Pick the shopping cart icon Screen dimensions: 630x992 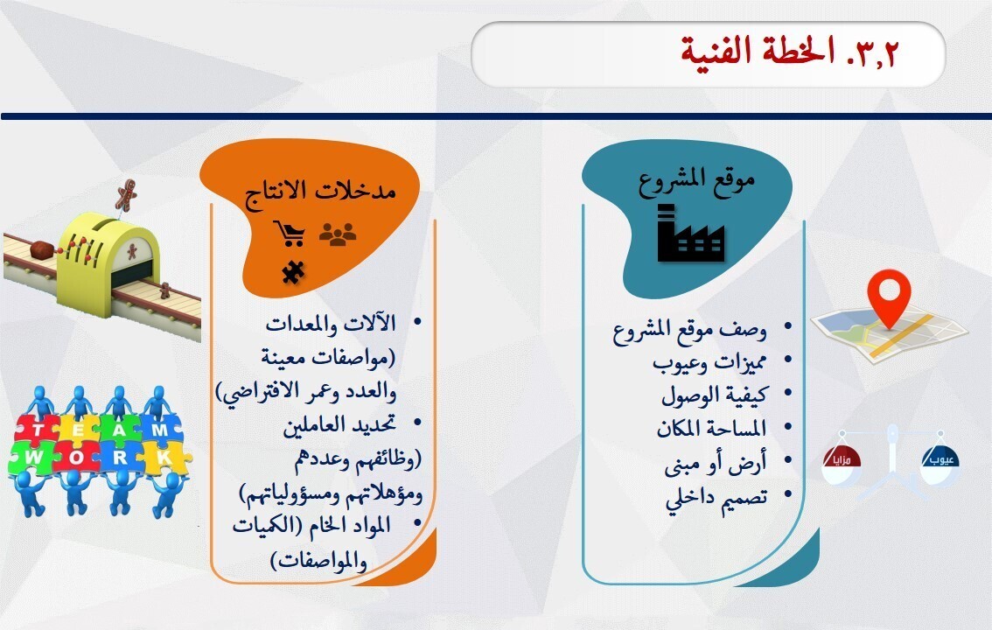[290, 234]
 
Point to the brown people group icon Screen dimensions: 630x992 [337, 234]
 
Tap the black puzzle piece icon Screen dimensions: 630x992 [291, 273]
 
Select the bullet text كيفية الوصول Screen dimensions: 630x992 [714, 395]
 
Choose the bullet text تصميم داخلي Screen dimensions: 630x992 [716, 497]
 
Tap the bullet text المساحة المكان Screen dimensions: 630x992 [711, 429]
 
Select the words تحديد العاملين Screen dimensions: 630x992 [339, 426]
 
